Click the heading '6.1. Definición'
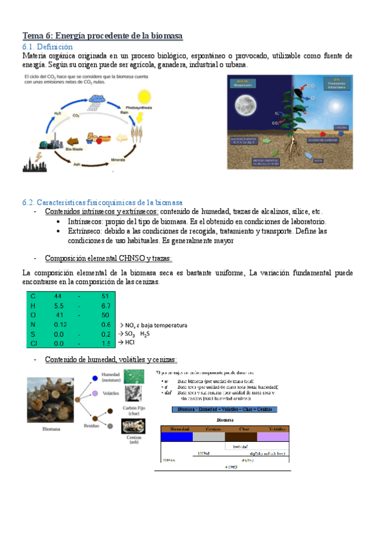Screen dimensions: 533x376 (x=47, y=47)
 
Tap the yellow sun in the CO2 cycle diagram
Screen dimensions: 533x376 (x=144, y=97)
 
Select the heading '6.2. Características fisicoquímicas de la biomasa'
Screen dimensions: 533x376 (x=102, y=202)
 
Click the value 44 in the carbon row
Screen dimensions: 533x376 (x=58, y=295)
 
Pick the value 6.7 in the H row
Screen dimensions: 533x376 (x=105, y=305)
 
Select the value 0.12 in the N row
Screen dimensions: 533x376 (x=60, y=324)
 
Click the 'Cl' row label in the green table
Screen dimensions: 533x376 (x=33, y=344)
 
